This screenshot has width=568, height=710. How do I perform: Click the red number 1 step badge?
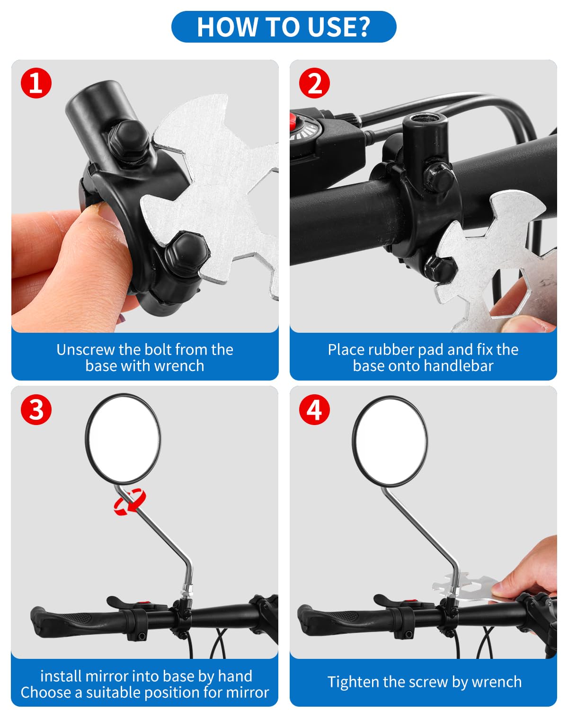36,83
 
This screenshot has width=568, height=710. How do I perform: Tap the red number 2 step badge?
314,83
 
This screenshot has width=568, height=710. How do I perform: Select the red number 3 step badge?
36,409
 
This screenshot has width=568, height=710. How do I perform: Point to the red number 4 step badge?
314,409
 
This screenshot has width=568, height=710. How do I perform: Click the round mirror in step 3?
123,439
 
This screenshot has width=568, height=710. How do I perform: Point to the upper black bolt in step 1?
129,140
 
